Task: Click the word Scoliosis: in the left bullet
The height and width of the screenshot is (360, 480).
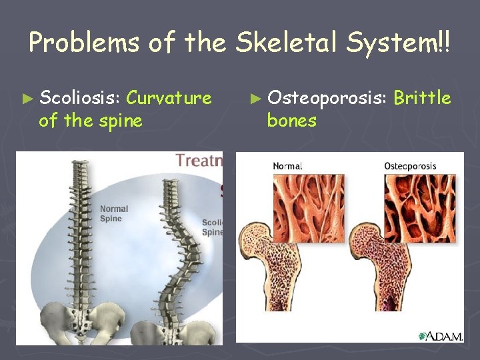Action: [79, 99]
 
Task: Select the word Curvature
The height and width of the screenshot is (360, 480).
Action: [169, 99]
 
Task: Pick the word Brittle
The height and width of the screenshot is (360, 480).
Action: [422, 99]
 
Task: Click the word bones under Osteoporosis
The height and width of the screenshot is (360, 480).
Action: [291, 121]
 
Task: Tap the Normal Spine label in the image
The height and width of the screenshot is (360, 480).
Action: [113, 214]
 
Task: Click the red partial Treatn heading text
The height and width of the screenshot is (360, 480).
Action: [198, 160]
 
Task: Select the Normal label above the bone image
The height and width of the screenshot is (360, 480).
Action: [287, 166]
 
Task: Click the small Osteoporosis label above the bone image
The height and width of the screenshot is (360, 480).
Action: [411, 166]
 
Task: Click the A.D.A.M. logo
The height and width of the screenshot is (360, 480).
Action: [441, 336]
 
